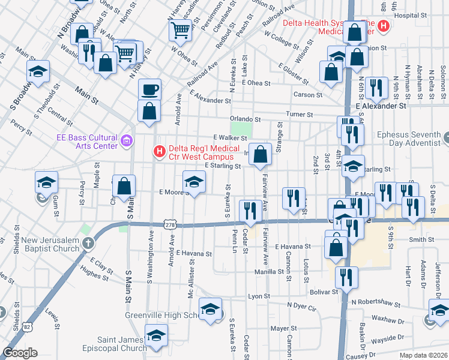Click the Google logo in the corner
[20, 353]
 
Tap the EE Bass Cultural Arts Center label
[88, 142]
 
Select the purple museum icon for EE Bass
[126, 142]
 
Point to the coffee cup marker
[149, 90]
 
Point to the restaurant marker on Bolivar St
[346, 278]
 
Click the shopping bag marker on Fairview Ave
[260, 155]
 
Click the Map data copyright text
[426, 355]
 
